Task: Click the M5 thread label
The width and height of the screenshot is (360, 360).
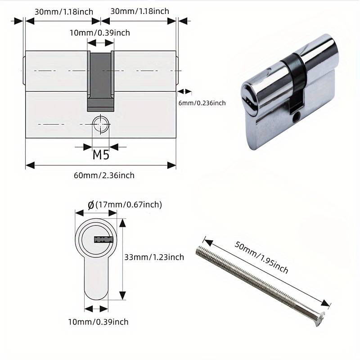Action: (x=101, y=155)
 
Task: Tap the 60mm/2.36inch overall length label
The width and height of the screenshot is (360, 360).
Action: (x=104, y=175)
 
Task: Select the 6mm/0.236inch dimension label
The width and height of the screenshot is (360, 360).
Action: (x=202, y=103)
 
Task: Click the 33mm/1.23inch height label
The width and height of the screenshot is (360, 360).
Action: (x=154, y=257)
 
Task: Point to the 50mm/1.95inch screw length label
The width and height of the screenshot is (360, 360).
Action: (x=261, y=257)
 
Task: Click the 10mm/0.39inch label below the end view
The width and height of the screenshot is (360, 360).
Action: (x=98, y=322)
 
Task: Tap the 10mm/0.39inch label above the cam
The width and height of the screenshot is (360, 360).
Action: (x=100, y=33)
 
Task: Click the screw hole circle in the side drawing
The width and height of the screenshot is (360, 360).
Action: (x=100, y=124)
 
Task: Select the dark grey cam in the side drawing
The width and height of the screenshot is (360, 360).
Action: (x=100, y=81)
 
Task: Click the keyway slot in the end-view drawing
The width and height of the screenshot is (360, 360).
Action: (x=103, y=240)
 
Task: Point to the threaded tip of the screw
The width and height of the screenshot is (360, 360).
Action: (x=200, y=251)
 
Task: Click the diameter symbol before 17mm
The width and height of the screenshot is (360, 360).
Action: (x=91, y=205)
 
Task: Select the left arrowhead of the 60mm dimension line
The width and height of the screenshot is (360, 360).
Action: (x=30, y=165)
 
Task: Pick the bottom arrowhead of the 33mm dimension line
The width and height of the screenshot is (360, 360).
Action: (x=122, y=295)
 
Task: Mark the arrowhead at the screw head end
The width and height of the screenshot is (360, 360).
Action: (x=326, y=303)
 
